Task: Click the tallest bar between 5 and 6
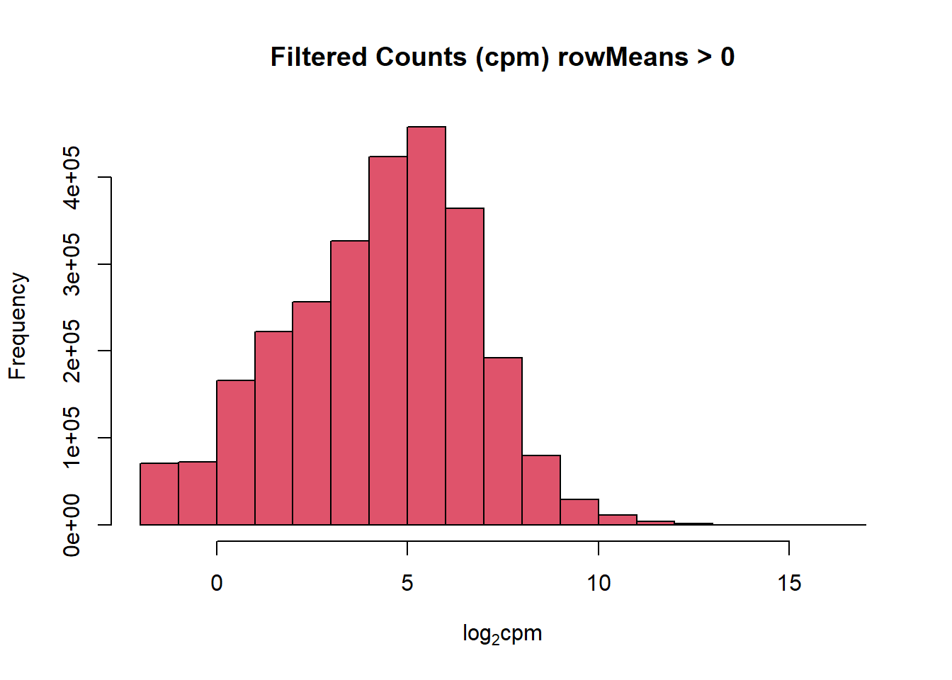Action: (x=426, y=326)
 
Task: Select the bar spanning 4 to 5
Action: (x=388, y=341)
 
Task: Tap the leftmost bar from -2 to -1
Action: (x=159, y=494)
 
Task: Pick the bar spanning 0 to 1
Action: (x=236, y=453)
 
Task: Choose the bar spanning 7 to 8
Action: (x=503, y=441)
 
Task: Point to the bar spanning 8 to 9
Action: (x=541, y=490)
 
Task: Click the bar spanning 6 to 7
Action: (x=465, y=366)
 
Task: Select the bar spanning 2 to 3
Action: (x=312, y=413)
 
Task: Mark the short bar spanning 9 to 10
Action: (x=579, y=512)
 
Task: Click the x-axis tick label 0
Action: (x=217, y=583)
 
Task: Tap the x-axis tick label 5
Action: (x=407, y=583)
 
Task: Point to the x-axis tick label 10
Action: (x=599, y=583)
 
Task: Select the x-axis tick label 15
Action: (x=789, y=583)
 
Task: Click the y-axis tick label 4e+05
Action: (x=72, y=177)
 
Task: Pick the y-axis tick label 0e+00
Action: (x=72, y=525)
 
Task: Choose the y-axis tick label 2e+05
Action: (x=72, y=351)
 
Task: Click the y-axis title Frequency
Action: (x=18, y=326)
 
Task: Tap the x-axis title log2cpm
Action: (x=502, y=633)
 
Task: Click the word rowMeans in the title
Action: (x=623, y=57)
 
